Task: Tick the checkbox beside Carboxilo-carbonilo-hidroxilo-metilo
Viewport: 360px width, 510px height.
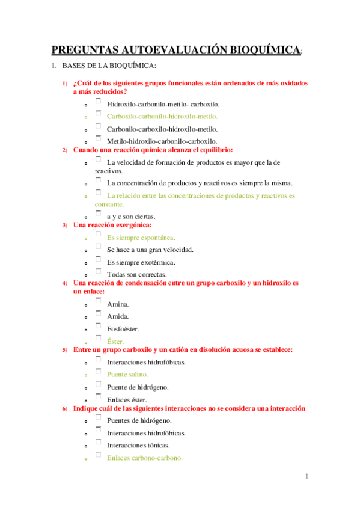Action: coord(98,115)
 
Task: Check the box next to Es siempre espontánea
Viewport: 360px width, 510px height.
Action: coord(98,236)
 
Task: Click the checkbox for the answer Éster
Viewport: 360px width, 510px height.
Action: coord(98,339)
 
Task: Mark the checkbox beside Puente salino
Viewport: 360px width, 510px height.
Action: coord(98,372)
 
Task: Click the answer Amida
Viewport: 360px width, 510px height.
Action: coord(118,316)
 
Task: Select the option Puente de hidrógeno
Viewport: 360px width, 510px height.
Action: coord(137,387)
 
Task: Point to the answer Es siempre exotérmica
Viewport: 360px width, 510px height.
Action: coord(141,262)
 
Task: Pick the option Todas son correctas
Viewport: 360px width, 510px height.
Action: coord(136,275)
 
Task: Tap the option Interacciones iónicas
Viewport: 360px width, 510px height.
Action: coord(138,445)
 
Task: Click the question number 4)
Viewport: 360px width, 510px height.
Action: coord(65,283)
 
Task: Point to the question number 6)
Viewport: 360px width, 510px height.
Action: coord(65,409)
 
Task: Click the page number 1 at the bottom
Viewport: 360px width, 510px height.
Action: coord(306,477)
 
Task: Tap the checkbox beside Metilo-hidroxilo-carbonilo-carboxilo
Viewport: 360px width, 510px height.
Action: coord(98,139)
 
